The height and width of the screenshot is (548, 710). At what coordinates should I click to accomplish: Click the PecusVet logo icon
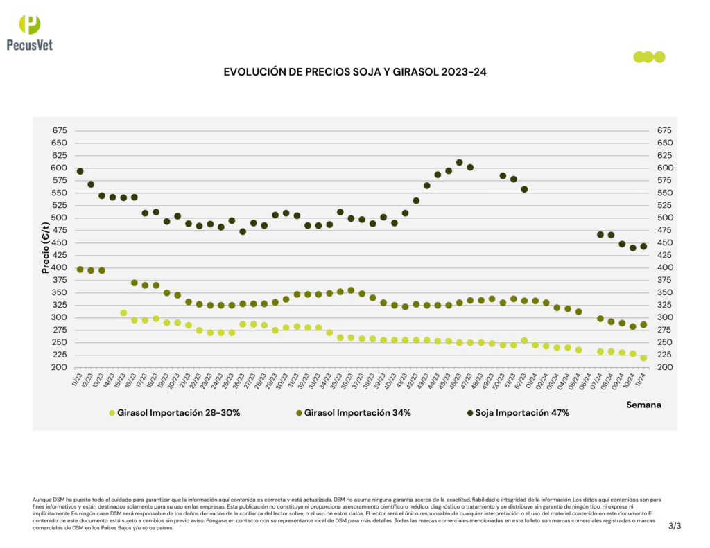30,24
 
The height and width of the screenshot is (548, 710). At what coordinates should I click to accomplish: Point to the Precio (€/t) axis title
46,248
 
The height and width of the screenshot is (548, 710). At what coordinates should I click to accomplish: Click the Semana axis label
644,404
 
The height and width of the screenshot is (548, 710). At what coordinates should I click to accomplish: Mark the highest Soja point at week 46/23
459,163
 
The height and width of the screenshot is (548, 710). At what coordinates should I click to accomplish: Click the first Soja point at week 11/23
80,171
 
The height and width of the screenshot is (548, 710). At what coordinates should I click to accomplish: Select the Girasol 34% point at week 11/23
80,269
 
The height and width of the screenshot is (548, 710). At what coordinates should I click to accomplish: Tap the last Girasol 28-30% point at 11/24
643,358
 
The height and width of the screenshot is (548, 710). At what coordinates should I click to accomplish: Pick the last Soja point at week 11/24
643,246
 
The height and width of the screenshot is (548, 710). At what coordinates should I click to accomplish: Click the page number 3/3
675,527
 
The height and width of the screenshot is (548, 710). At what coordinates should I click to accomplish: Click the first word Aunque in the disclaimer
43,499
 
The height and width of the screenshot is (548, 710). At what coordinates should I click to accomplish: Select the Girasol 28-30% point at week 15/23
123,313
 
